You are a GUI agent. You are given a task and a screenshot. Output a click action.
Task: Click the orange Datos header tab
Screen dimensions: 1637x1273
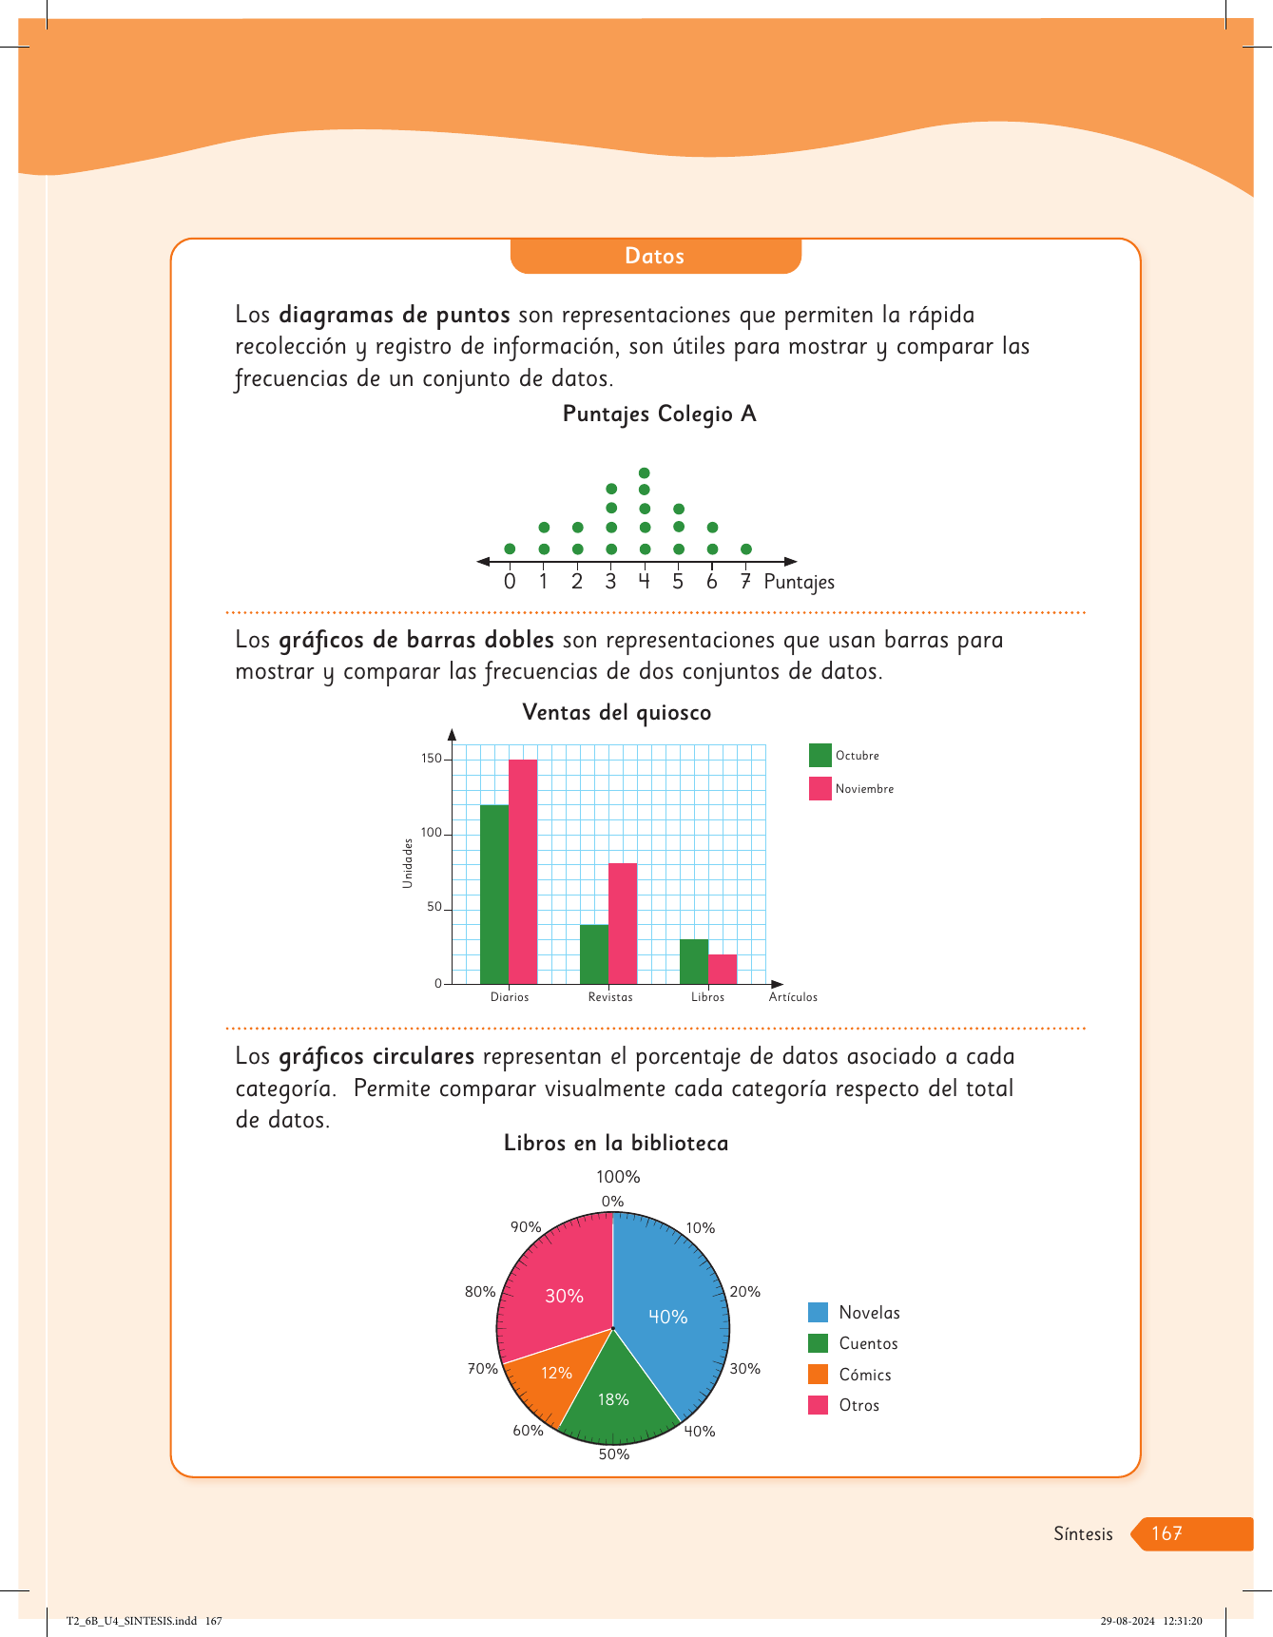(655, 256)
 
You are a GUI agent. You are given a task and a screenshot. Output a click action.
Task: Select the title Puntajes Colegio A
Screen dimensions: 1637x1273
(659, 414)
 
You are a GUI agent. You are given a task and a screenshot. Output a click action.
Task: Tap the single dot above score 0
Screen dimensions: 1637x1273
(510, 549)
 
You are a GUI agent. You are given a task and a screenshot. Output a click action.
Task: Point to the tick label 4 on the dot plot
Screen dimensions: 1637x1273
(644, 581)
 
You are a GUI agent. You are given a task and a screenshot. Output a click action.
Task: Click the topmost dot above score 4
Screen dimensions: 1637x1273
(645, 472)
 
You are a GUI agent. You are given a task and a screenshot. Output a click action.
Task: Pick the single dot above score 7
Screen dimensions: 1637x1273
(746, 549)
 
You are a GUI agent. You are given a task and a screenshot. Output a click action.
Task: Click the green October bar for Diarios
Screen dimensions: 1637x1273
(494, 894)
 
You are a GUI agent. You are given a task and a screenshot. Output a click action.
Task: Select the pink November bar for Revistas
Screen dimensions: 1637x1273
(623, 922)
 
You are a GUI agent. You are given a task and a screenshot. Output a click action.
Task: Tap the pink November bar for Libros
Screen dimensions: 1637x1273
(723, 969)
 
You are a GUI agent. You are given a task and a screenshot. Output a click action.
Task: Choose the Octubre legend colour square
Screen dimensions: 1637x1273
(820, 755)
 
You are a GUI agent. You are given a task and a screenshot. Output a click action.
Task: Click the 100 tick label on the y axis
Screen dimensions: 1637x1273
(432, 833)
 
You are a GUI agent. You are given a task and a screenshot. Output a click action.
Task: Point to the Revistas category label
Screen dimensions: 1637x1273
(610, 997)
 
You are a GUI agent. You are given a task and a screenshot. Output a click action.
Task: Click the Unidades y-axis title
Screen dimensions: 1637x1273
(408, 863)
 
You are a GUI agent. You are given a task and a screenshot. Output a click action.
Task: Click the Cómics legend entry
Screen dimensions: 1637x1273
(864, 1375)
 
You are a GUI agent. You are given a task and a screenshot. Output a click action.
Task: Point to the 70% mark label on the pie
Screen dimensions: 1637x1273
(482, 1369)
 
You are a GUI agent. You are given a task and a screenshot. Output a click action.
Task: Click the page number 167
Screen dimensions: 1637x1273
(1167, 1533)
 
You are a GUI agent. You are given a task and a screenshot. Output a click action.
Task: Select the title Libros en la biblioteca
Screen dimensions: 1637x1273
(616, 1144)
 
